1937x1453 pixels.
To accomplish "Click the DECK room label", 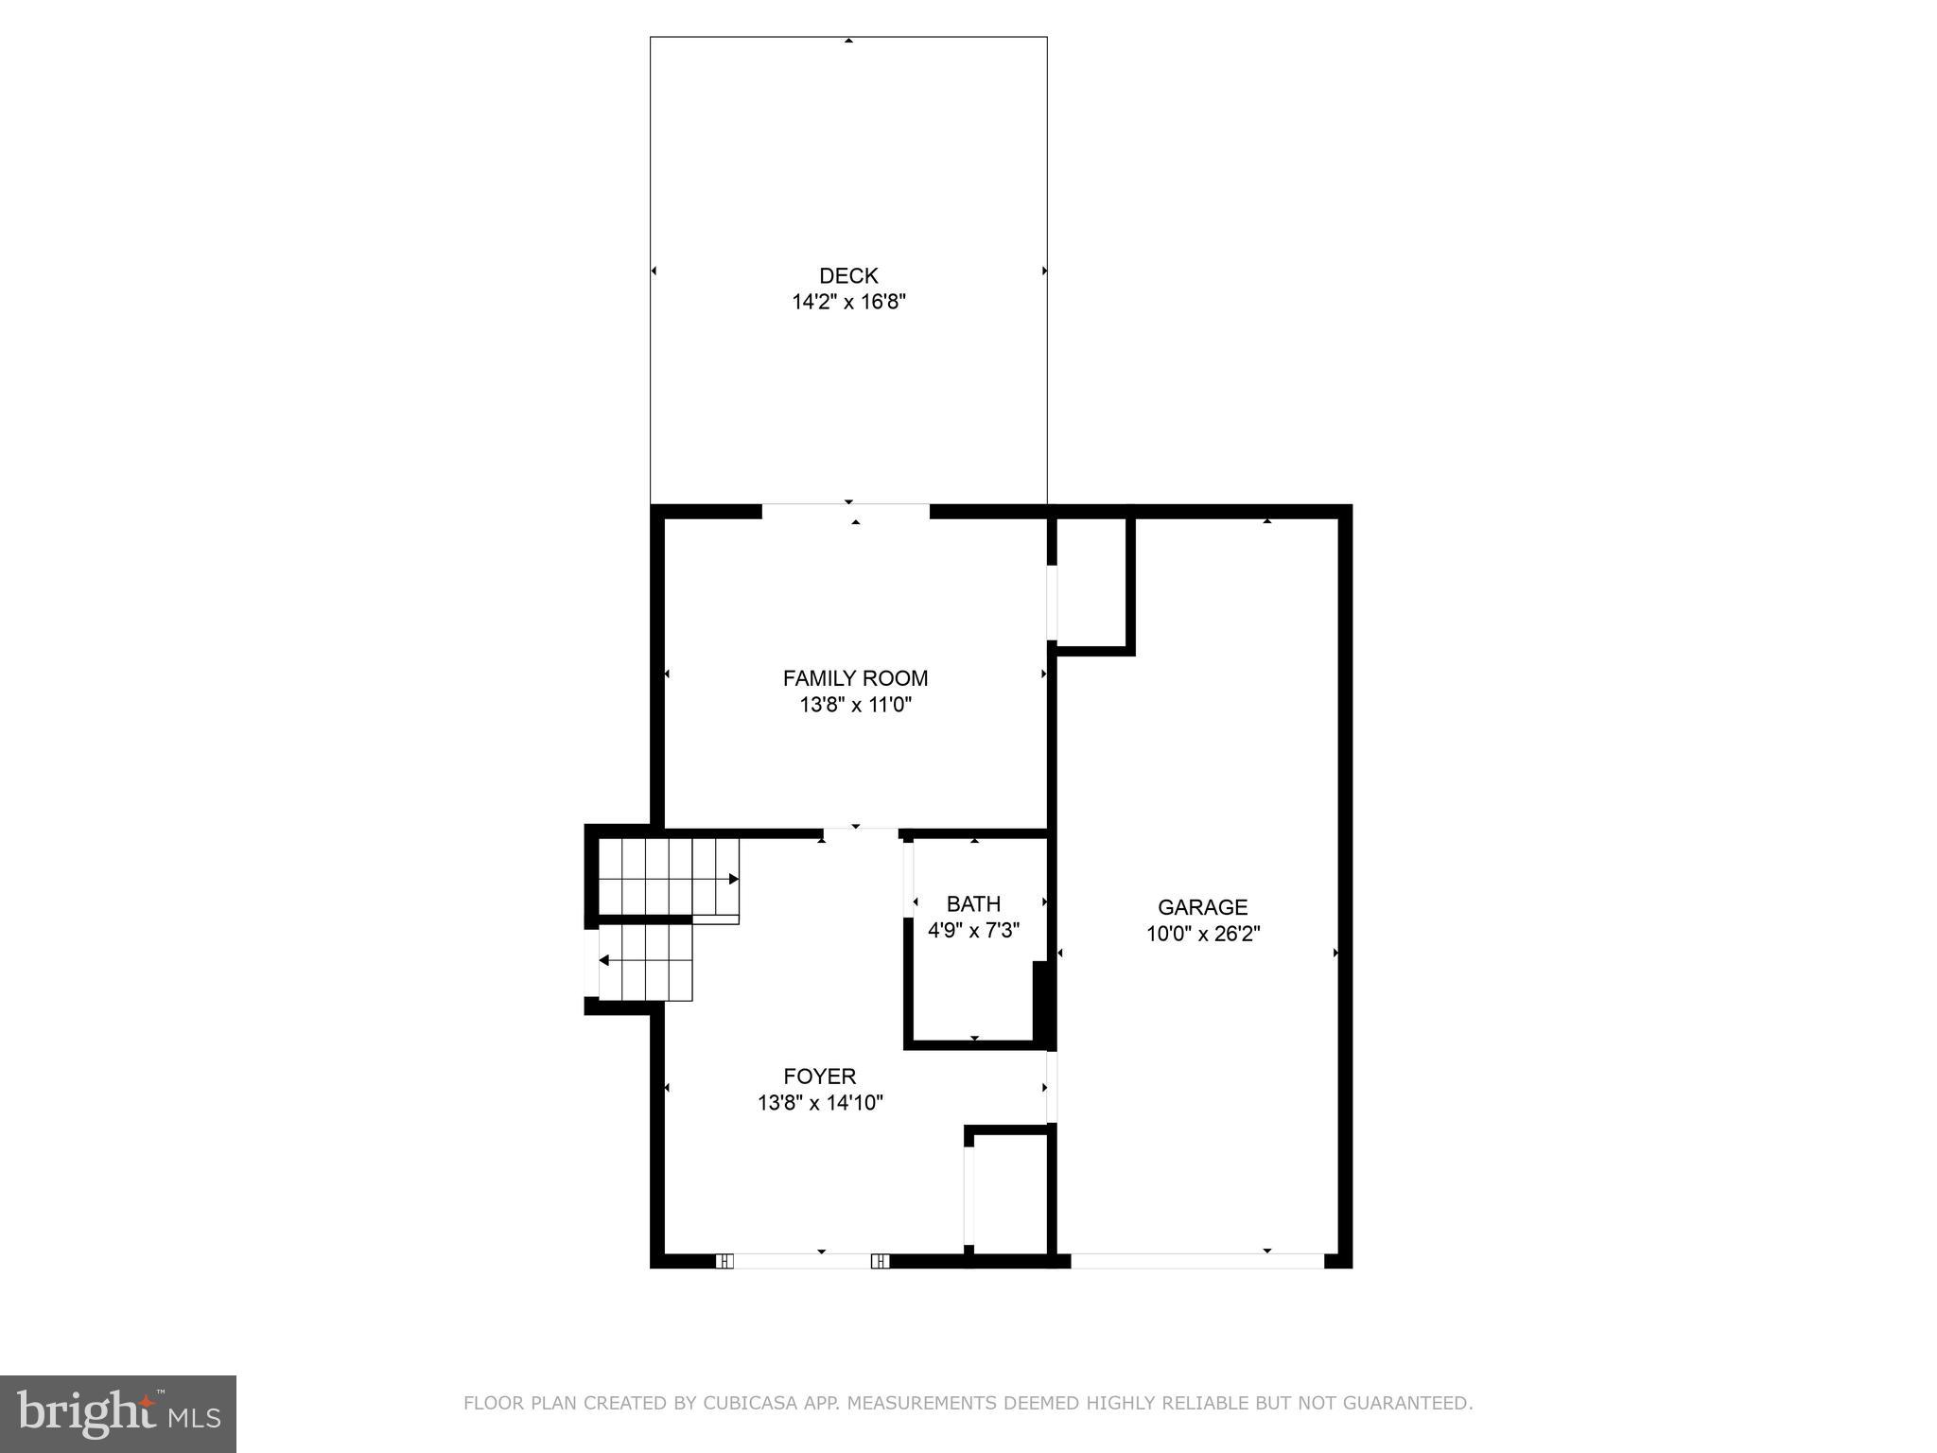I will point(848,276).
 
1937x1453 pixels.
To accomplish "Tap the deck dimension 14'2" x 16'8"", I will point(848,303).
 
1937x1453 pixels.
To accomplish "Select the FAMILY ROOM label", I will point(855,678).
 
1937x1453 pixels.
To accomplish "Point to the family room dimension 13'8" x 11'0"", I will point(855,705).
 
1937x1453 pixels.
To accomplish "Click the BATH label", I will point(973,904).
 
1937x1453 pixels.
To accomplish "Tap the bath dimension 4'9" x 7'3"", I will point(973,931).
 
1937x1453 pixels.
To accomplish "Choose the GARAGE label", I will point(1202,908).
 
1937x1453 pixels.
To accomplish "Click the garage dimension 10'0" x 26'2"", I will point(1202,935).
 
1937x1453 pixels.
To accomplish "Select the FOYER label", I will point(820,1077).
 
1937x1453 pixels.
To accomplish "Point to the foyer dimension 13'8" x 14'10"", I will point(820,1103).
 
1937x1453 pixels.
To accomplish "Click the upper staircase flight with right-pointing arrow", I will point(668,877).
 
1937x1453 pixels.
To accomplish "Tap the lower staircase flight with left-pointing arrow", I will point(646,962).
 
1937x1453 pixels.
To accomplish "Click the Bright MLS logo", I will point(118,1413).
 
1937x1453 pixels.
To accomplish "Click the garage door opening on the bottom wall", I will point(1196,1260).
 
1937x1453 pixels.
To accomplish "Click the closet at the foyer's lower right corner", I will point(1009,1194).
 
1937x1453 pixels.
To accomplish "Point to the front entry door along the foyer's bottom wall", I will point(802,1260).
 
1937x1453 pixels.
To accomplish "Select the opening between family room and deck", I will point(846,512).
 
